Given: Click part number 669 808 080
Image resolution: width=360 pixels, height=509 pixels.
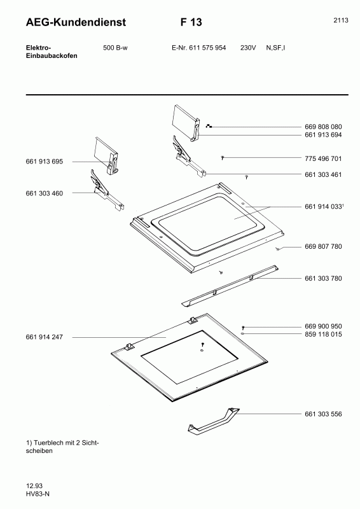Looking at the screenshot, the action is point(323,127).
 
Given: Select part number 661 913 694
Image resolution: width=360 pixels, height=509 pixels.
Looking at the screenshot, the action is point(323,135).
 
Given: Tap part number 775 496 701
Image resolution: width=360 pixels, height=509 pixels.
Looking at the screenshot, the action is point(323,158).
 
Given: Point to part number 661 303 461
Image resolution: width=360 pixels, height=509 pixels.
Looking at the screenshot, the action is point(323,174).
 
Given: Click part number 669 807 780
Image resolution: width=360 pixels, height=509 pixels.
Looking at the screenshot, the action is point(323,247).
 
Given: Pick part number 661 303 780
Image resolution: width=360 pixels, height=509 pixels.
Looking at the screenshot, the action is point(323,279).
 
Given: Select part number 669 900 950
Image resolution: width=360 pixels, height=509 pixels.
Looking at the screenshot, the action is point(323,326).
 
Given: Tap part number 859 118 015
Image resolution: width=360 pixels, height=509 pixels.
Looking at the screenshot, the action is point(323,335).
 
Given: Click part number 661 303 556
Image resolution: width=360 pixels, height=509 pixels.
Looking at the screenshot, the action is point(323,414).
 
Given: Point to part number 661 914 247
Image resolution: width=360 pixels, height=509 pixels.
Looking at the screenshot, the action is point(44,337).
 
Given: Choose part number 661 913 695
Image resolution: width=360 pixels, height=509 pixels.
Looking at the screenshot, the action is point(44,162).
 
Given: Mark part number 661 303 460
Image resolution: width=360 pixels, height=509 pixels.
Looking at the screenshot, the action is point(44,193).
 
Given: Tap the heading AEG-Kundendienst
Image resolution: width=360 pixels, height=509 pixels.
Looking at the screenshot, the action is point(76,22).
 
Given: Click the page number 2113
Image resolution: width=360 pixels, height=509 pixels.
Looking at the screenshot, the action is point(340,20).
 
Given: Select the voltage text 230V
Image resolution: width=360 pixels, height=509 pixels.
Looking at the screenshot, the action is point(248,48).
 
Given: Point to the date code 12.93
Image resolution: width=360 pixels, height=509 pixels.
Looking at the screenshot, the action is point(34,486).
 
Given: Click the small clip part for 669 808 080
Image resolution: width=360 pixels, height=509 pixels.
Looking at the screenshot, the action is point(209,126).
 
